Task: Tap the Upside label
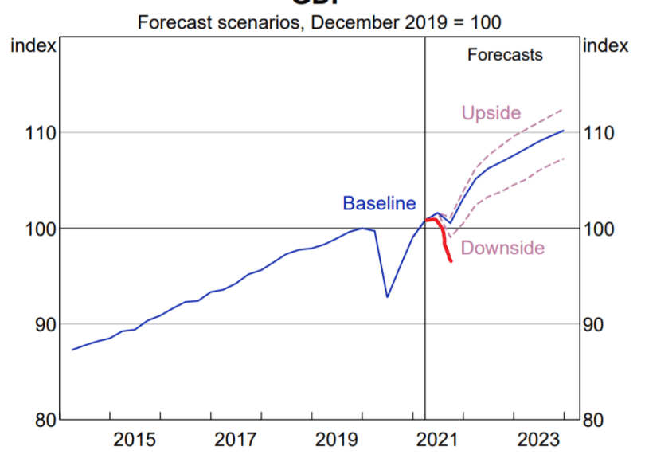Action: tap(491, 114)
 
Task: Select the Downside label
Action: tap(502, 248)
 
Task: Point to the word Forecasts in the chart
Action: tap(505, 55)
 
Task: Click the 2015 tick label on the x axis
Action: tap(135, 439)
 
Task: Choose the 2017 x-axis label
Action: tap(236, 439)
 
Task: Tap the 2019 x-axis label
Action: tap(338, 439)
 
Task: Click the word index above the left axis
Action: tap(33, 45)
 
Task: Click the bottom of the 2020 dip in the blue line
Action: tap(387, 297)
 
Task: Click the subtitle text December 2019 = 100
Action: tap(406, 22)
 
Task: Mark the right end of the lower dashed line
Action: tap(564, 159)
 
